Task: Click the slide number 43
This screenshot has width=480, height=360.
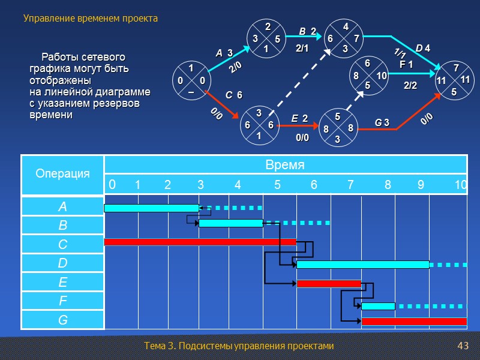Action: click(x=462, y=346)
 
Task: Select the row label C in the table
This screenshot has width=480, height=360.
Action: click(x=62, y=245)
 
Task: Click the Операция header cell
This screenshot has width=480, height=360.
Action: click(x=62, y=173)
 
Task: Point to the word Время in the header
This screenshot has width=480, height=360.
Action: click(x=286, y=164)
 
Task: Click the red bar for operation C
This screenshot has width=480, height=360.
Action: click(x=200, y=242)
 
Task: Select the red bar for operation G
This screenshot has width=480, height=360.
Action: click(x=414, y=322)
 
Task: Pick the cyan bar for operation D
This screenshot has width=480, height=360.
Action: click(x=363, y=265)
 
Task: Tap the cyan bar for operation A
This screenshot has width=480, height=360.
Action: click(x=151, y=208)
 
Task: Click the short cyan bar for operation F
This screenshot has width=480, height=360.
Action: click(x=378, y=306)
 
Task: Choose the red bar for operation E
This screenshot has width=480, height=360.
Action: click(x=329, y=284)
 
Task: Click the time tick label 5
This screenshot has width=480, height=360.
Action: click(x=277, y=185)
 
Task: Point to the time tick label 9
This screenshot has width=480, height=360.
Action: click(x=421, y=185)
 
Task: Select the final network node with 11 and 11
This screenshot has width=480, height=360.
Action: click(x=455, y=80)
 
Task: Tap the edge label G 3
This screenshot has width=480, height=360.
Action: click(x=382, y=123)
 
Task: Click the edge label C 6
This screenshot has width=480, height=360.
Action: click(x=233, y=95)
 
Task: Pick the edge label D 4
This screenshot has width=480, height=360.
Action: click(x=423, y=48)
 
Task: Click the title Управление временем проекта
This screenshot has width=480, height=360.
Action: click(x=91, y=19)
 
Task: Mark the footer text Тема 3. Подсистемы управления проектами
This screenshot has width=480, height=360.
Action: click(x=239, y=346)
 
